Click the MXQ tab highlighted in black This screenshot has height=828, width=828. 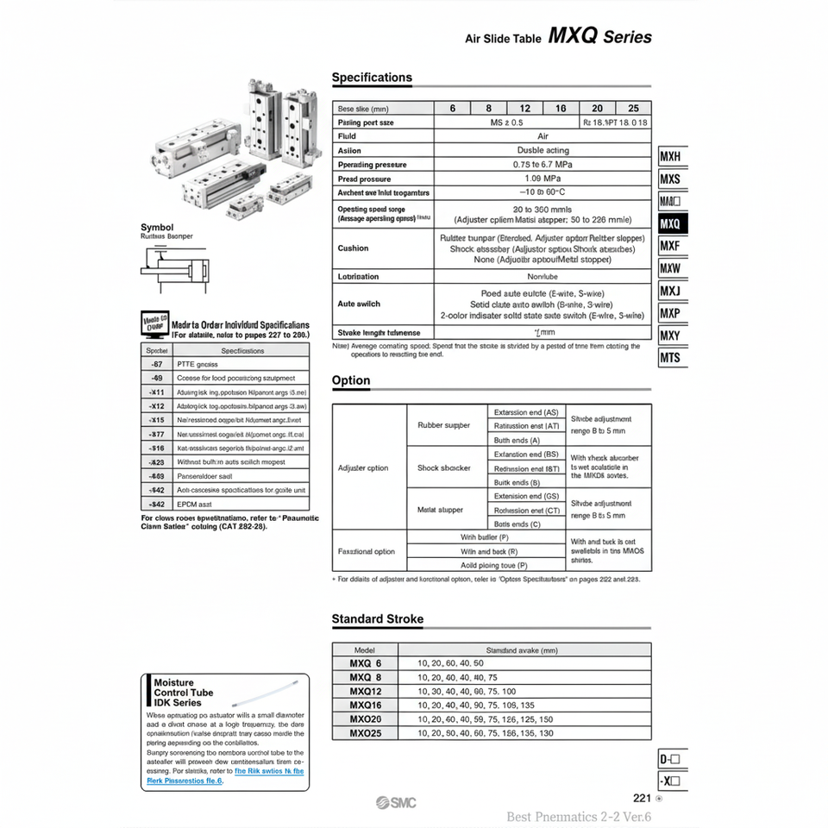click(672, 223)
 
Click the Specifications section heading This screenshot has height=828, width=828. click(372, 78)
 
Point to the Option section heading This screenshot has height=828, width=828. click(351, 380)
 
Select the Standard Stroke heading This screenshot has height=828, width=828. click(378, 618)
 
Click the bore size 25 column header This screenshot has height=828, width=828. click(634, 109)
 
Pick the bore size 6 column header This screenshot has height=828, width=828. click(453, 109)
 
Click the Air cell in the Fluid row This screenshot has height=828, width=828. click(543, 136)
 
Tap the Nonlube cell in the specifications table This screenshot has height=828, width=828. click(543, 277)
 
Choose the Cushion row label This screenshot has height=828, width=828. click(354, 248)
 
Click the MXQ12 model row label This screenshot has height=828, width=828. click(366, 692)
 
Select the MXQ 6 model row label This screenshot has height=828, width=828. click(366, 663)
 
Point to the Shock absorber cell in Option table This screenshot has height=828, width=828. click(444, 468)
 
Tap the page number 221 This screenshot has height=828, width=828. click(642, 798)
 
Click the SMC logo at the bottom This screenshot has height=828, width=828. click(396, 803)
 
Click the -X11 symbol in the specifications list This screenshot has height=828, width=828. click(157, 392)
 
